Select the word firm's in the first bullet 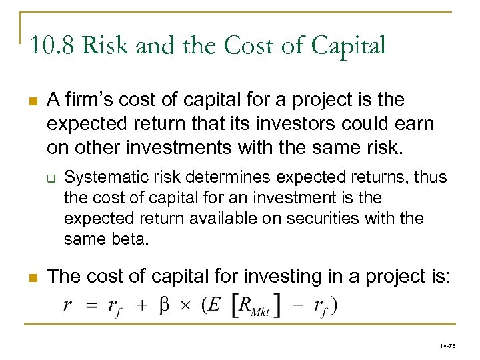(86, 100)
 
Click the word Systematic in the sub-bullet (98, 177)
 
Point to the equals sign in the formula (91, 306)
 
